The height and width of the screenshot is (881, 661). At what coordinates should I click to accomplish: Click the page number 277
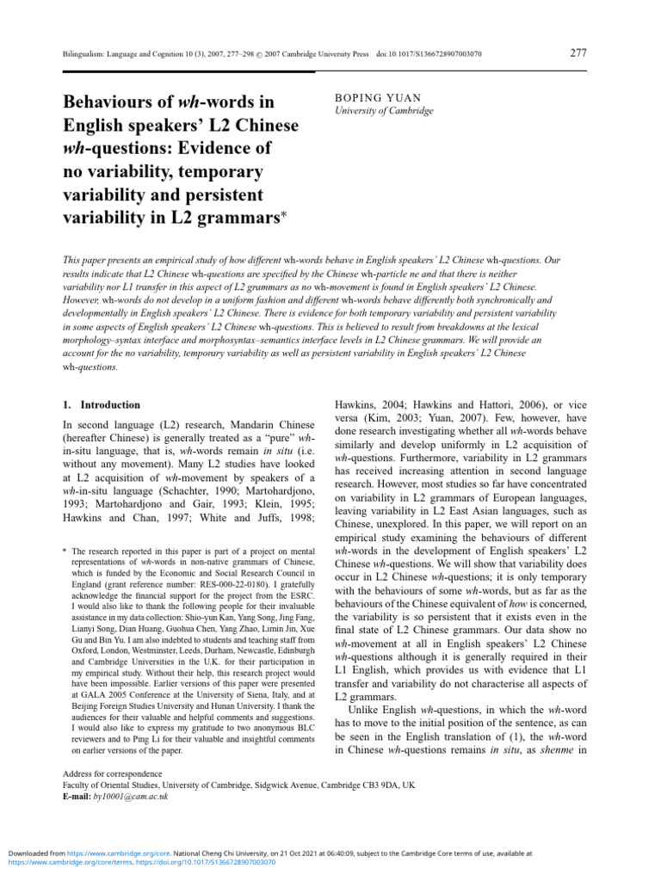(x=579, y=53)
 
